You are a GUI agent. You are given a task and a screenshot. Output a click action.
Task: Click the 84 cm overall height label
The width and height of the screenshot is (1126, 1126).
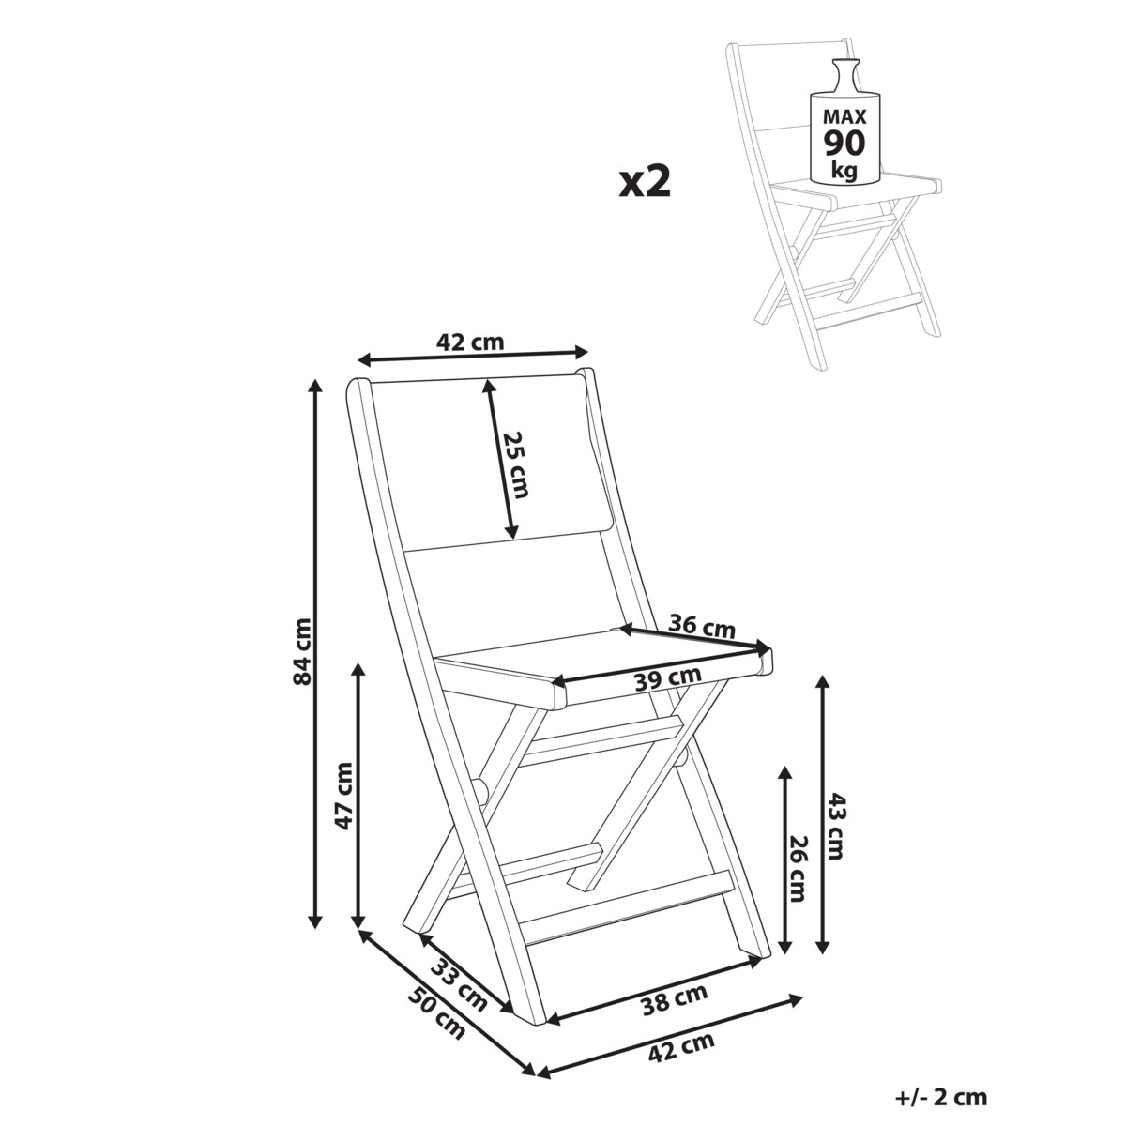[303, 651]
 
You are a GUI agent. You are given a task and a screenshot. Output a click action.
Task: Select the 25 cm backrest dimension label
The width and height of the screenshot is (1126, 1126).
[516, 464]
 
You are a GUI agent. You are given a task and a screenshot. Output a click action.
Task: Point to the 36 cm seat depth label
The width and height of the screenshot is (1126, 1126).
[701, 628]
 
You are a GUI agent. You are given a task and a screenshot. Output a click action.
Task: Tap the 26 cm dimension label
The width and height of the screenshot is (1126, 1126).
[798, 876]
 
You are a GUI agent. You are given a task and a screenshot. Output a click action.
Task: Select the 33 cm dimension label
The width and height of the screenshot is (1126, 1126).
[459, 986]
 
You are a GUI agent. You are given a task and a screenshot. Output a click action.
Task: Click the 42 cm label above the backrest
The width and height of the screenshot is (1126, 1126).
[470, 342]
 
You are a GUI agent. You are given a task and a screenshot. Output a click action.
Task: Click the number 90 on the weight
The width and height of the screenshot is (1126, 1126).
[844, 144]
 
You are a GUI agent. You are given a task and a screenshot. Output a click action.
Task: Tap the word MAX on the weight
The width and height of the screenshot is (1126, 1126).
[844, 117]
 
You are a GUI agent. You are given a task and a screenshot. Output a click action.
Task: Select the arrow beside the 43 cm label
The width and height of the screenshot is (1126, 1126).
[823, 814]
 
